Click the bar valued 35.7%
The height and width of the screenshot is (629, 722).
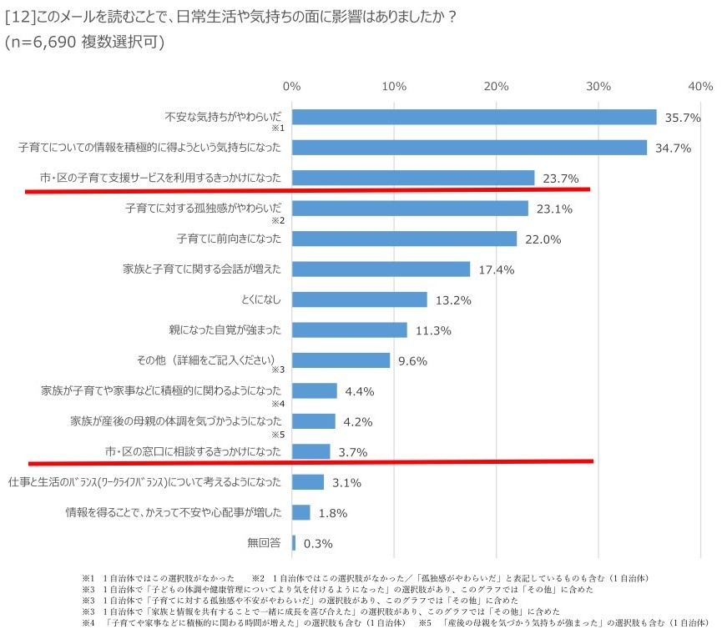[x=474, y=118]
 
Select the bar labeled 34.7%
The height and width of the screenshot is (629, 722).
[x=469, y=148]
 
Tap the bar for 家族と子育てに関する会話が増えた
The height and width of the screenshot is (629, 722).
[x=381, y=269]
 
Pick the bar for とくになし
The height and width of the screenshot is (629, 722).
[x=360, y=299]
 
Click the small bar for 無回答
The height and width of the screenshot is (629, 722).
[x=294, y=543]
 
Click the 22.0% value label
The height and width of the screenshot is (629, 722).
[x=543, y=239]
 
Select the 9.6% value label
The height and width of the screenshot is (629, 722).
[x=412, y=361]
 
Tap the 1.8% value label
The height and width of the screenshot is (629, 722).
[x=332, y=513]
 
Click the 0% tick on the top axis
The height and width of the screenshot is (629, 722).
[x=291, y=86]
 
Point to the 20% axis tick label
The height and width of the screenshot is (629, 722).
[x=497, y=86]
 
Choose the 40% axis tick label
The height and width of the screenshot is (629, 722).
[x=700, y=86]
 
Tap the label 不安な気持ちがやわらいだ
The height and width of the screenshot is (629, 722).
[x=223, y=117]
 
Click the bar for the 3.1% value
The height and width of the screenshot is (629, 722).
[x=308, y=482]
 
